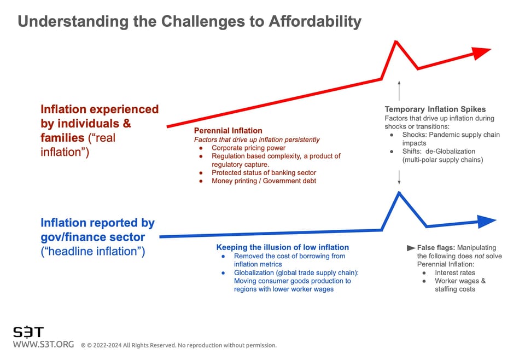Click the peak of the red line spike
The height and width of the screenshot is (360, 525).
395,41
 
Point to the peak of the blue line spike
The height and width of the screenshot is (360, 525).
399,192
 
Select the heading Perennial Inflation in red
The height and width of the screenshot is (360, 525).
228,131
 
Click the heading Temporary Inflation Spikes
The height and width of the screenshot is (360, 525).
435,109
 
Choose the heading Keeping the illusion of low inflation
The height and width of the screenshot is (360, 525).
282,247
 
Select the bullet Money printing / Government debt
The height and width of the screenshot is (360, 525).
264,181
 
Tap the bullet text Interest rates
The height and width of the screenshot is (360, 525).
455,272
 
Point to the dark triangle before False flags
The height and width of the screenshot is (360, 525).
411,248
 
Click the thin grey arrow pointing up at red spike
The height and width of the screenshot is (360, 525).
399,90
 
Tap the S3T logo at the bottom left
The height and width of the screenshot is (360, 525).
28,332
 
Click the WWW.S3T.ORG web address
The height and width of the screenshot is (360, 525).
43,345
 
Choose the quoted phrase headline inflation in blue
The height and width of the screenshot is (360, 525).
93,252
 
